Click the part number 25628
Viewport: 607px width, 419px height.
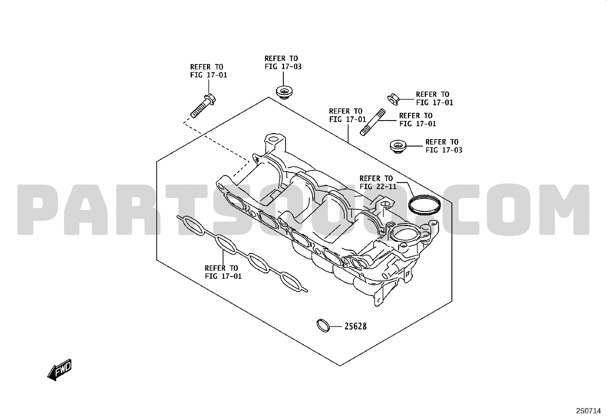coord(355,326)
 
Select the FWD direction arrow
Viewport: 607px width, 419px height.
coord(59,370)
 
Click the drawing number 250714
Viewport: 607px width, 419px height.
coord(588,411)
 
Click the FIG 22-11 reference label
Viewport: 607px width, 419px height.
coord(378,182)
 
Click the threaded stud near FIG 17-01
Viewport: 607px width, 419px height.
coord(373,122)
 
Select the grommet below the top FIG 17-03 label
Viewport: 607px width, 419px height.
coord(284,92)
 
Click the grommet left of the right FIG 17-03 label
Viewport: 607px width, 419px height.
coord(398,147)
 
